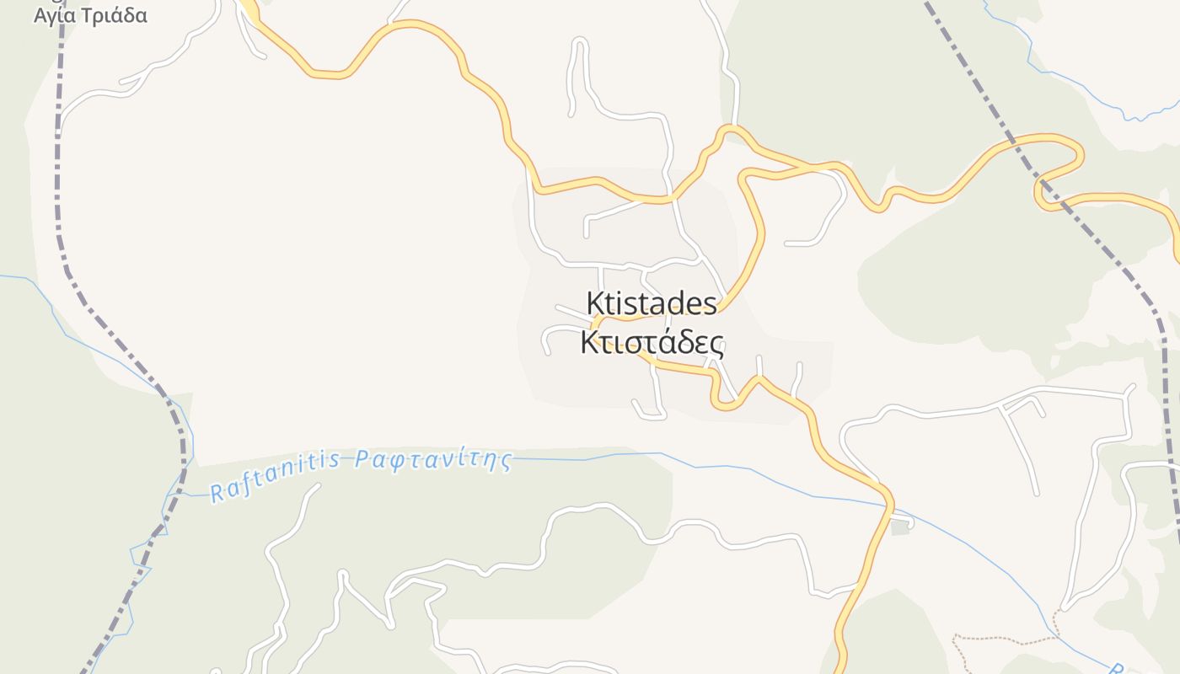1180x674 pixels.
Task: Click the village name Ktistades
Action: pos(652,303)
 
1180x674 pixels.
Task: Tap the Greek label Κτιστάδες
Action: pos(652,343)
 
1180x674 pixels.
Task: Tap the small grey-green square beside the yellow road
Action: pos(900,527)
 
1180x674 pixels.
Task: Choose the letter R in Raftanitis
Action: pos(217,492)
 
